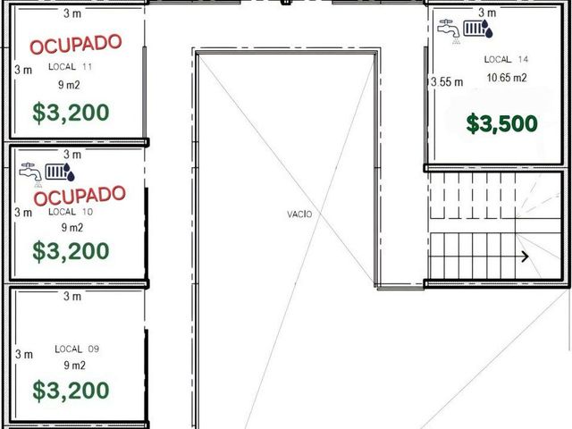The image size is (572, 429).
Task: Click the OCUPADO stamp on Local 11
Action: click(x=75, y=44)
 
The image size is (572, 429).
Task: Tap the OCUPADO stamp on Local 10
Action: click(x=80, y=196)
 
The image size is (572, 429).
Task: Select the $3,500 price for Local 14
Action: click(x=502, y=123)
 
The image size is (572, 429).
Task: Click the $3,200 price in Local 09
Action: click(x=71, y=391)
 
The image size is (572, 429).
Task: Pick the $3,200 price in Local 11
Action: click(x=71, y=113)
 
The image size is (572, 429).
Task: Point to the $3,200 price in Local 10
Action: click(x=71, y=251)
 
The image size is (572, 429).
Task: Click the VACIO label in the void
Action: click(x=299, y=214)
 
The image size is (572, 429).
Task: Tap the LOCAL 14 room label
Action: click(x=507, y=59)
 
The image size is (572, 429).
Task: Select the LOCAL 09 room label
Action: click(x=77, y=349)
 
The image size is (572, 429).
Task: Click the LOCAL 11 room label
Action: click(x=71, y=67)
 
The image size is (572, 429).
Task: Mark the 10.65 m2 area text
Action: click(x=507, y=78)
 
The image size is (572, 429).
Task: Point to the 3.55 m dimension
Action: click(x=447, y=81)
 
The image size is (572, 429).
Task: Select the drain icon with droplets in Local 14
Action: click(x=478, y=29)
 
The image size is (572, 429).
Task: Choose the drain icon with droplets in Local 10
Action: click(x=60, y=172)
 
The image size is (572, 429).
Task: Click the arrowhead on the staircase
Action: click(x=526, y=257)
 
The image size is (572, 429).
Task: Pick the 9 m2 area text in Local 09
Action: click(x=75, y=366)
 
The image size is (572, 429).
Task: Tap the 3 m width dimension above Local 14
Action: click(x=487, y=13)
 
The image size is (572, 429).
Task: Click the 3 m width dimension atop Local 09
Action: click(x=72, y=296)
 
